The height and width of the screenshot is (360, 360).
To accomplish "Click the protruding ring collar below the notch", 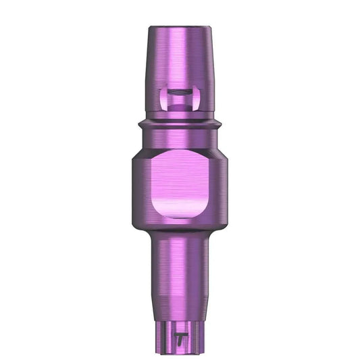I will pos(180,124).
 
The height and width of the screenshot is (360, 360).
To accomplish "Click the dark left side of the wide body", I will pos(138,186).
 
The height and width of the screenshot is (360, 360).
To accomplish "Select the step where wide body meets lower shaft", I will pos(180,230).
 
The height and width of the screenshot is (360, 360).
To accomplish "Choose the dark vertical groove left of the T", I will pos(167,331).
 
